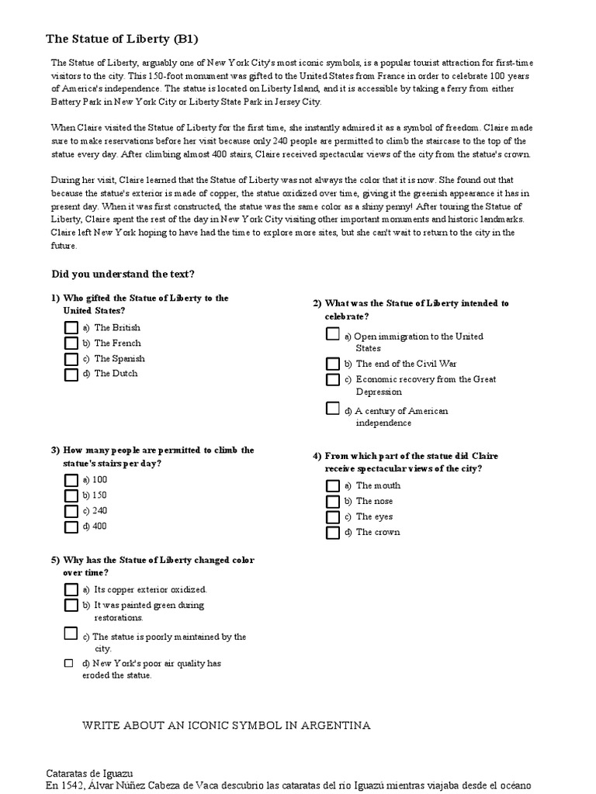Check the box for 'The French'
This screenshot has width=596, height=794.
tap(71, 343)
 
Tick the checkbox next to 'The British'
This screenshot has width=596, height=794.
tap(71, 328)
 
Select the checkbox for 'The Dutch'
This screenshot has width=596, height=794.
tap(71, 375)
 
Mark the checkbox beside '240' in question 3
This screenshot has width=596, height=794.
tap(71, 512)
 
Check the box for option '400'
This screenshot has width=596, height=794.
tap(71, 527)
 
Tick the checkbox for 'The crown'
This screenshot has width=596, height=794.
tap(333, 533)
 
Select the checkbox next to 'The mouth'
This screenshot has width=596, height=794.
tap(333, 486)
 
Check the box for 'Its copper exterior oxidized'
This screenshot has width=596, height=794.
tap(71, 590)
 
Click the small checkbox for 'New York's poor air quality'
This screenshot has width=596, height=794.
tap(68, 664)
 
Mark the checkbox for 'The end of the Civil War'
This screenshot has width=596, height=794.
tap(333, 364)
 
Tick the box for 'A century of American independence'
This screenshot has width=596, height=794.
tap(333, 409)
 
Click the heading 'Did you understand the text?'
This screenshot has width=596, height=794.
tap(123, 274)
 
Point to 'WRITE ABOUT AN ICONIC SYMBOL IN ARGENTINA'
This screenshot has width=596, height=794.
tap(227, 726)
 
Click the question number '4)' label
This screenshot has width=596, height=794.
tap(317, 456)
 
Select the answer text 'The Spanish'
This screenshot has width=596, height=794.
tap(120, 359)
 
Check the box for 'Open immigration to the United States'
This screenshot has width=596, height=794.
tap(333, 334)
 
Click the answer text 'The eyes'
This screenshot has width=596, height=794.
tap(374, 516)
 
